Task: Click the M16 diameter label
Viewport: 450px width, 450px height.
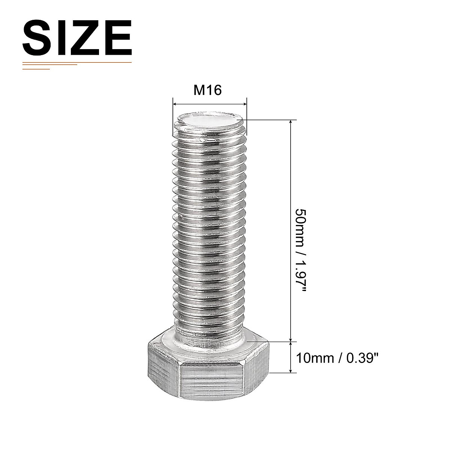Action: tap(208, 90)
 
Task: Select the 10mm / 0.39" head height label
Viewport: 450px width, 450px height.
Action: tap(336, 358)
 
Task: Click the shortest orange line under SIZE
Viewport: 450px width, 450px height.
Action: tap(36, 69)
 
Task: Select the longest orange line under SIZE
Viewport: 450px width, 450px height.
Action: tap(77, 62)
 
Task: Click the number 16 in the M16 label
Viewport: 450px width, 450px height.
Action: tap(214, 90)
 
